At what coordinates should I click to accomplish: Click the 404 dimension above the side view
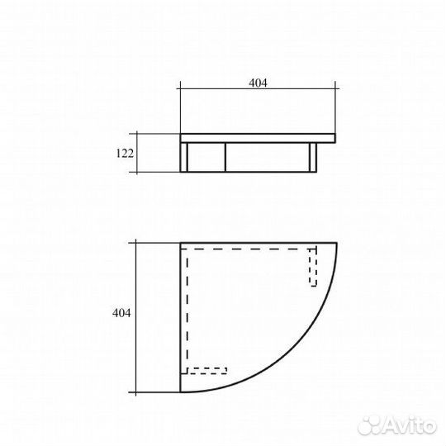click(258, 83)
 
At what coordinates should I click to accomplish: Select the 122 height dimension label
click(125, 154)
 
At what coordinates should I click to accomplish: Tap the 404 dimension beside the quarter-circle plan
click(121, 313)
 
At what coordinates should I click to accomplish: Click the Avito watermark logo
click(396, 426)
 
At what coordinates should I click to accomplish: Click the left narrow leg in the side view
click(184, 157)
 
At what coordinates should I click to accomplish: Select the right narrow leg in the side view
click(313, 157)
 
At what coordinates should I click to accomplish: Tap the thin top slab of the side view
click(258, 138)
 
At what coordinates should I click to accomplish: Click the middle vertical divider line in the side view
click(225, 157)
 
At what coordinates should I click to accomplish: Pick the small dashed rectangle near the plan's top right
click(313, 267)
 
